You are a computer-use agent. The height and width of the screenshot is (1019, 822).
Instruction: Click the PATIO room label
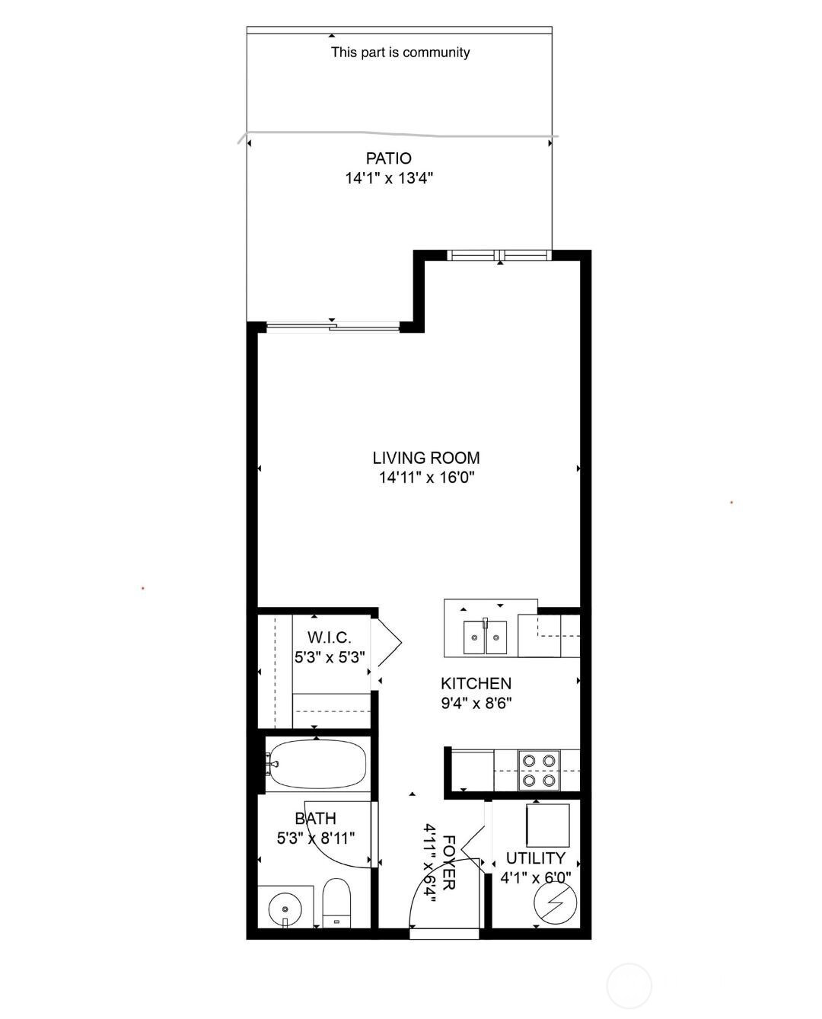click(388, 158)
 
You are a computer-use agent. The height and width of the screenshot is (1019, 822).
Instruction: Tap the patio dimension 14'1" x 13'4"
click(389, 178)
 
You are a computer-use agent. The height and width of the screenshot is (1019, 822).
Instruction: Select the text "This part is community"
click(400, 52)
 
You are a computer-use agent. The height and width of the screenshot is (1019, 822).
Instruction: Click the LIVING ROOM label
click(426, 458)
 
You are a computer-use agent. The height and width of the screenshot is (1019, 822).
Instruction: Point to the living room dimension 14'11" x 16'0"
click(426, 478)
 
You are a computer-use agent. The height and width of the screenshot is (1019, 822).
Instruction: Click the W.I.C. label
click(330, 637)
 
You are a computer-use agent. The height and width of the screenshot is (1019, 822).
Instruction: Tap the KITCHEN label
click(476, 683)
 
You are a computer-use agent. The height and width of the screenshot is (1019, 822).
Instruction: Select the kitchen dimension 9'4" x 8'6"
click(476, 703)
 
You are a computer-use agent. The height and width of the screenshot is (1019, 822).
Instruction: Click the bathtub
click(316, 764)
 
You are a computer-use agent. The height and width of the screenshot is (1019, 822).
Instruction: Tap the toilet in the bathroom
click(336, 902)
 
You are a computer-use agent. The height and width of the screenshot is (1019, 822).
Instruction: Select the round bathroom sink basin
click(285, 909)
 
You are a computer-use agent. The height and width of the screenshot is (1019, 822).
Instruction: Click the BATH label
click(316, 819)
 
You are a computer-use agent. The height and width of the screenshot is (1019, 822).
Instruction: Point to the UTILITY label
click(536, 858)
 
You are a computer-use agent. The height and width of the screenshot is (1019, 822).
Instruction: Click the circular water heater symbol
click(555, 902)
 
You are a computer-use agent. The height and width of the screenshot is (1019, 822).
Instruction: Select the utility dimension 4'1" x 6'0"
click(536, 878)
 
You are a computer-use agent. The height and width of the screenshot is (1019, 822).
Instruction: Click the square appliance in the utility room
click(548, 826)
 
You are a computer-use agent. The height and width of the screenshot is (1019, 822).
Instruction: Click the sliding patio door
click(333, 327)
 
